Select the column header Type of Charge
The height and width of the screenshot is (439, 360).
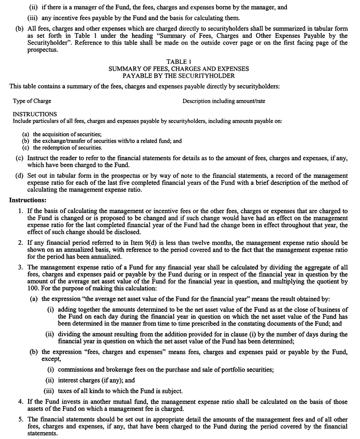32,101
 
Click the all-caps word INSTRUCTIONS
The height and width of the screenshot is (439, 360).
35,114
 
